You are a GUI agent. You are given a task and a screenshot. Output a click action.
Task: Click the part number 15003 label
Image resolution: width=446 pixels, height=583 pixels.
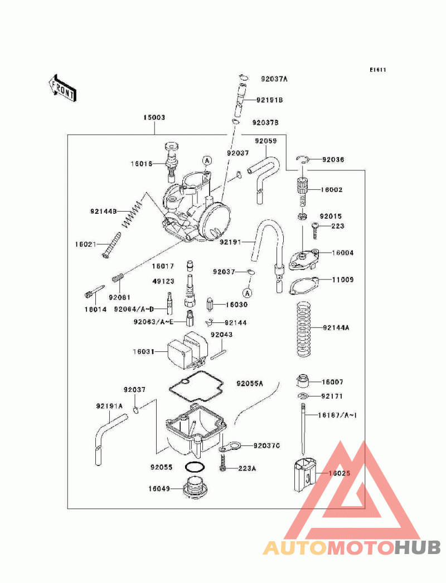[154, 117]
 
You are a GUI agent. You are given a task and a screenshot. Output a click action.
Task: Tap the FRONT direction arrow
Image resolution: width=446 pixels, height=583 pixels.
[62, 88]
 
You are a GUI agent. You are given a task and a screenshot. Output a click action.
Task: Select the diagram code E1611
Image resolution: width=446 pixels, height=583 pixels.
[377, 70]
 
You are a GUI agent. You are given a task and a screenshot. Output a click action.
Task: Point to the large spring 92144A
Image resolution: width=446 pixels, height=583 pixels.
[304, 329]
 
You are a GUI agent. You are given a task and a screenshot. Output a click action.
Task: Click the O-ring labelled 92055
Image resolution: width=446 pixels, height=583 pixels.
[194, 466]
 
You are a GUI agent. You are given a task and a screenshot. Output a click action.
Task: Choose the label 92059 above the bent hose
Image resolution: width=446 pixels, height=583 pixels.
[266, 141]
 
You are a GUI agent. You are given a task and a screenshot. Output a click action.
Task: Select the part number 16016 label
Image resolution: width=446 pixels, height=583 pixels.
[142, 164]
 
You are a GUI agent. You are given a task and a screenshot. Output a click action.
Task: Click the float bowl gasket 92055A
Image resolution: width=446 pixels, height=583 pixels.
[196, 389]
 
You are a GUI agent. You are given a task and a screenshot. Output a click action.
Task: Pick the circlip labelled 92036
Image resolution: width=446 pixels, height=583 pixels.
[303, 159]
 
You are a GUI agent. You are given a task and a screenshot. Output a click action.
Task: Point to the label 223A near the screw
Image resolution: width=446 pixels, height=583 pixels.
[247, 468]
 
